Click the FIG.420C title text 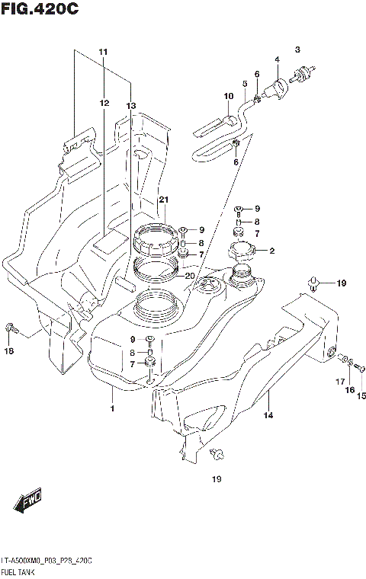pos(39,10)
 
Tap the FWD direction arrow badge pos(27,501)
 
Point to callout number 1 pos(112,410)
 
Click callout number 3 pos(298,48)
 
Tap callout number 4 pos(277,59)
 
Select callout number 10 pos(227,96)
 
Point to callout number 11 pos(103,51)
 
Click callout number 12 pos(103,102)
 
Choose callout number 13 pos(130,106)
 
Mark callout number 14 pos(268,415)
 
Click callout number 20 pos(190,276)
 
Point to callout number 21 pos(162,200)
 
